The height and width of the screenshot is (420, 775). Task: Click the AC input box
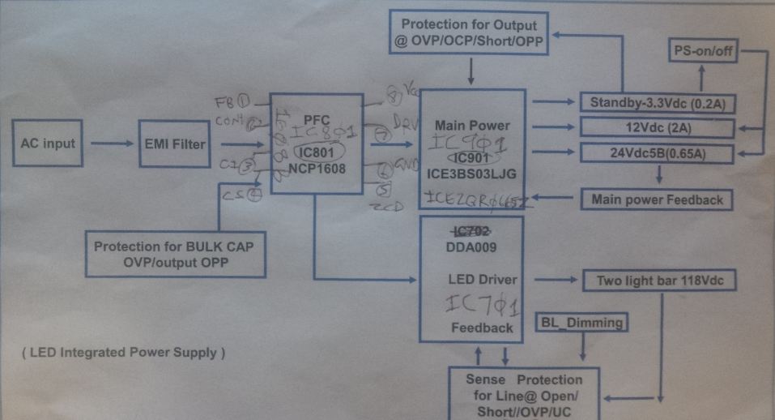(x=48, y=144)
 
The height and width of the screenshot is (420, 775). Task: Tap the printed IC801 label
(x=317, y=150)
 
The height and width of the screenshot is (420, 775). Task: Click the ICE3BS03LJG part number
(x=472, y=173)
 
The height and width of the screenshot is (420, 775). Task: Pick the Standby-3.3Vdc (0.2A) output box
(x=656, y=103)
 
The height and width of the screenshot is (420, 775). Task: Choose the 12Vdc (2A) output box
(x=656, y=127)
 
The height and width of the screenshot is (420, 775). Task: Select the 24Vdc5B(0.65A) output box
(x=656, y=152)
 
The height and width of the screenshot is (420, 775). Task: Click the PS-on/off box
(x=702, y=51)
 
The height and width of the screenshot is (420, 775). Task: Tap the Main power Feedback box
(x=657, y=199)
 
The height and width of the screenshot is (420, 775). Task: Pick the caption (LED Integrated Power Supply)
(x=123, y=353)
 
